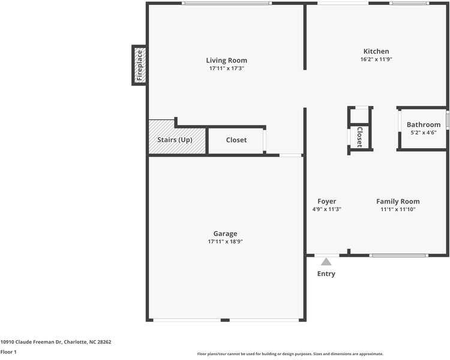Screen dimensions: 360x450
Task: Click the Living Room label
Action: tap(226, 61)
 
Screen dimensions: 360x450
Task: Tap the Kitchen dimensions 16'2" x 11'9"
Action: tap(376, 60)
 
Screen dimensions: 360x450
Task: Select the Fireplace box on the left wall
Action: tap(139, 65)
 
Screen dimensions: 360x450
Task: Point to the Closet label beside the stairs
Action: tap(236, 140)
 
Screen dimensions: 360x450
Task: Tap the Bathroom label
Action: tap(424, 125)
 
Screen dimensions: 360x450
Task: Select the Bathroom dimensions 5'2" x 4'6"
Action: tap(424, 133)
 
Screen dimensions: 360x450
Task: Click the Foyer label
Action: tap(326, 202)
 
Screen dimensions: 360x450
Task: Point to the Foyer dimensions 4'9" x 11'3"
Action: tap(326, 209)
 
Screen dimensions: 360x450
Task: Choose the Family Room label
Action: tap(398, 202)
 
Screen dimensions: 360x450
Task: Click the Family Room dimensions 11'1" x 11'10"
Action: tap(398, 209)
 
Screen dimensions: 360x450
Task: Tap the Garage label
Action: tap(225, 233)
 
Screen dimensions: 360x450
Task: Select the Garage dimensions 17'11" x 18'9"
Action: tap(225, 241)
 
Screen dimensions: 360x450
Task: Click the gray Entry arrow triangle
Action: tap(326, 262)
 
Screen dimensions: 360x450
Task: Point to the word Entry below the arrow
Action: tap(326, 274)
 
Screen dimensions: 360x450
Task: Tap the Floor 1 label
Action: tap(8, 352)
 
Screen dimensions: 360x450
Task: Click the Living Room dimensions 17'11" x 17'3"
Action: tap(226, 68)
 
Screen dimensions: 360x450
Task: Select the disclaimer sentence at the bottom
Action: tap(290, 354)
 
